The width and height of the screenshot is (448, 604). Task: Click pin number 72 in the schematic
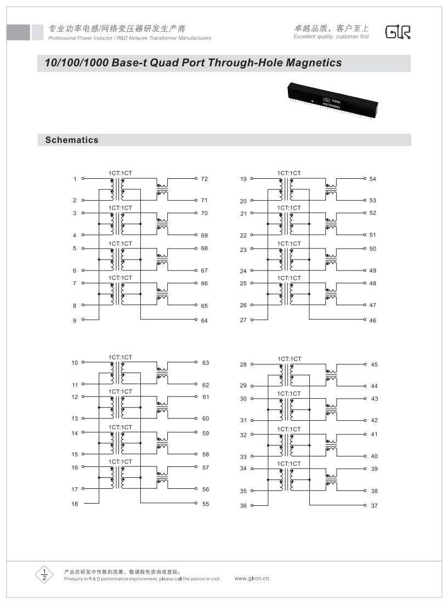pyautogui.click(x=204, y=179)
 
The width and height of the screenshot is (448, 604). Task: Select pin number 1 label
pyautogui.click(x=75, y=179)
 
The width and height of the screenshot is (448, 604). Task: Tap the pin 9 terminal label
pyautogui.click(x=75, y=320)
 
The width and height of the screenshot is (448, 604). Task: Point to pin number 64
pyautogui.click(x=204, y=320)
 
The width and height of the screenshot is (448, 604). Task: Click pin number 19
pyautogui.click(x=243, y=179)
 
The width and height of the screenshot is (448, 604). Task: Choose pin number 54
pyautogui.click(x=373, y=179)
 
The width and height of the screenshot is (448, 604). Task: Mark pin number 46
pyautogui.click(x=373, y=320)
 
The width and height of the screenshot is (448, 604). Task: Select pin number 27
pyautogui.click(x=243, y=320)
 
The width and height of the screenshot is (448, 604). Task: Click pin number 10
pyautogui.click(x=75, y=363)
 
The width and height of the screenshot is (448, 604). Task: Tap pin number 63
pyautogui.click(x=206, y=363)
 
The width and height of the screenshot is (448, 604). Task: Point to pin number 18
pyautogui.click(x=75, y=504)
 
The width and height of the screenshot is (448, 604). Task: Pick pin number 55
pyautogui.click(x=206, y=504)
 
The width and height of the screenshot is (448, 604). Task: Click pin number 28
pyautogui.click(x=243, y=365)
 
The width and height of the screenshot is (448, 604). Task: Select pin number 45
pyautogui.click(x=375, y=365)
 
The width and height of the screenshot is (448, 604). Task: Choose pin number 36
pyautogui.click(x=243, y=506)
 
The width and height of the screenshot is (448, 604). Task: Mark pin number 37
pyautogui.click(x=375, y=506)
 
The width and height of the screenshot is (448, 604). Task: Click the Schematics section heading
pyautogui.click(x=72, y=140)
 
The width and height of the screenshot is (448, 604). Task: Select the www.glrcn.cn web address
pyautogui.click(x=252, y=579)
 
